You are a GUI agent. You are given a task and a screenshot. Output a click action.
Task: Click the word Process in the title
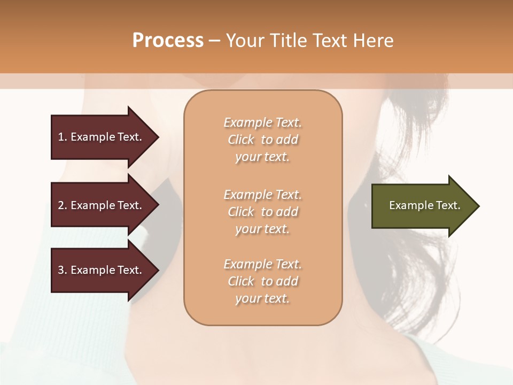click(x=168, y=41)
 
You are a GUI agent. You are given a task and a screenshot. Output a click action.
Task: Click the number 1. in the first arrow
click(x=63, y=137)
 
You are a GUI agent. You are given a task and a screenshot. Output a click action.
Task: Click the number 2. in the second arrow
click(x=63, y=205)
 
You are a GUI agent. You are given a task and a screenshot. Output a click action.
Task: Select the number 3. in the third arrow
click(x=63, y=270)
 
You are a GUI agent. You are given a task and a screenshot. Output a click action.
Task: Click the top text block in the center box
click(x=262, y=140)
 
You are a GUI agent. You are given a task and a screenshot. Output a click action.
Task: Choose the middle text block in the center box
click(x=262, y=212)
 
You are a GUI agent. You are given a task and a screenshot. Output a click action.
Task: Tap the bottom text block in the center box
click(x=262, y=281)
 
